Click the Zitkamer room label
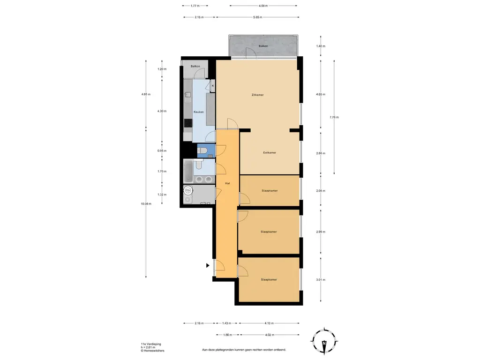(x=257, y=95)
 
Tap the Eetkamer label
(x=270, y=152)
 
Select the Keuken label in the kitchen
(x=198, y=112)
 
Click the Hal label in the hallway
(x=227, y=183)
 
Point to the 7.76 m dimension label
(x=334, y=117)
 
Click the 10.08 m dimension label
(x=146, y=203)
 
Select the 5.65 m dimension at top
(x=257, y=17)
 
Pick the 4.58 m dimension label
(x=263, y=6)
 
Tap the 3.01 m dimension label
(x=321, y=280)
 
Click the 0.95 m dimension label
(x=162, y=150)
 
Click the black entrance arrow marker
(x=208, y=265)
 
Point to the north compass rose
(x=324, y=342)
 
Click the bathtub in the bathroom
(x=188, y=172)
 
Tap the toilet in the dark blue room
(x=201, y=150)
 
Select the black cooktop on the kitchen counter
(x=188, y=123)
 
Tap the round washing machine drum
(x=188, y=190)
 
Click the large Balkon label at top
(x=263, y=46)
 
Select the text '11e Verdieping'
(x=151, y=344)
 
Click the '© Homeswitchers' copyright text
(x=152, y=351)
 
